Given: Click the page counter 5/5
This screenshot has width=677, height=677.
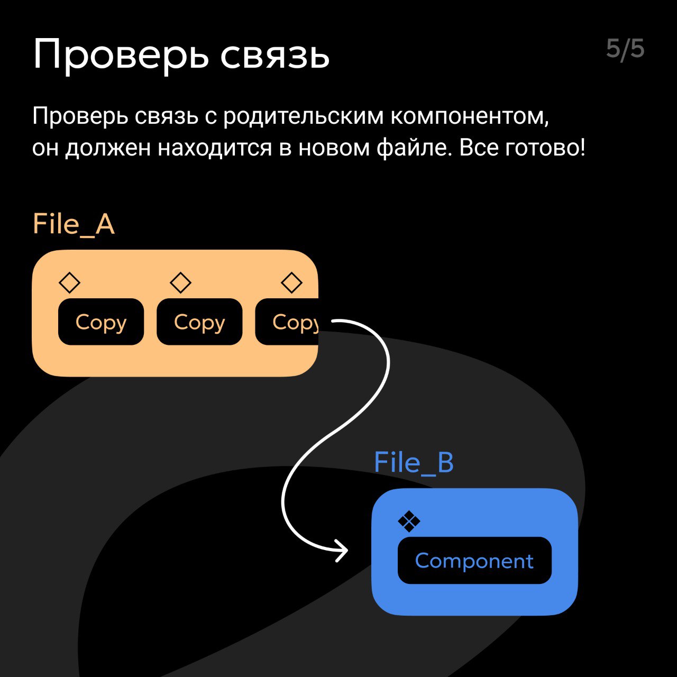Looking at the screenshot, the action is coord(625,50).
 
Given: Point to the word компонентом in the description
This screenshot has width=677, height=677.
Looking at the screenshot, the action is coord(470,117).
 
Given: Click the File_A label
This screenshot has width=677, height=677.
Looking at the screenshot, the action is coord(74,224).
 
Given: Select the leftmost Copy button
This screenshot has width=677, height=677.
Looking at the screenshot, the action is coord(101,322).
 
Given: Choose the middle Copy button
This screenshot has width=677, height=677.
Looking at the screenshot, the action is coord(199,322).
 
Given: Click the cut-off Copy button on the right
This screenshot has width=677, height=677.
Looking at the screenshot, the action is coord(287,322).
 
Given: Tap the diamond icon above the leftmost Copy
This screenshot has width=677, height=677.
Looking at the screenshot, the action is coord(70,282).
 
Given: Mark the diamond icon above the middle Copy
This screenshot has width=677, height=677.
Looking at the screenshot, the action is coord(180,282).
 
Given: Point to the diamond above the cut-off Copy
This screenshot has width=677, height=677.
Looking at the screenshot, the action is coord(291,282).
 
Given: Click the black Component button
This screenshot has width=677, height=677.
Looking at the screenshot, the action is coord(474,560).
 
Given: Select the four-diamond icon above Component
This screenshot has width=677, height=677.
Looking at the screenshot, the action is coord(409,522).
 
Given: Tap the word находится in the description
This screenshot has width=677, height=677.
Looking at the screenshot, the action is coord(215,148).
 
